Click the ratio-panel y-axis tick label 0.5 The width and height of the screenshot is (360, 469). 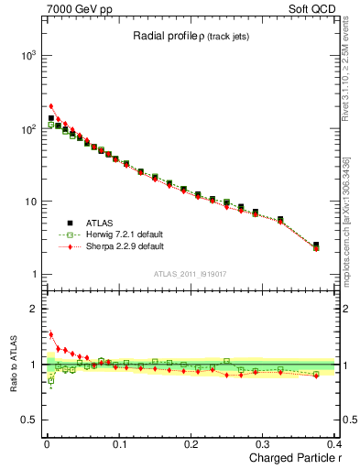pos(27,420)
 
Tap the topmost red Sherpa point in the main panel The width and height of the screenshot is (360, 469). pos(51,106)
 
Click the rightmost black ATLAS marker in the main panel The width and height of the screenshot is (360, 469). pos(316,245)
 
